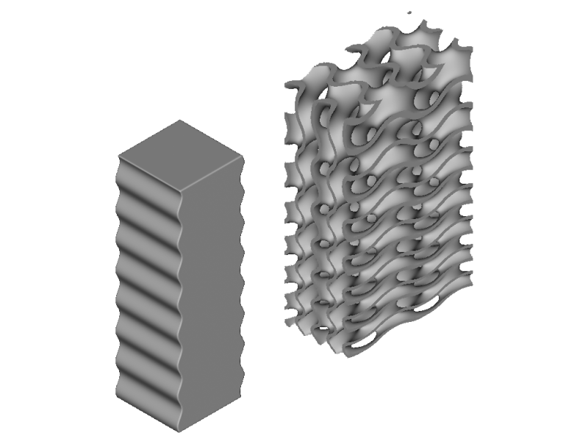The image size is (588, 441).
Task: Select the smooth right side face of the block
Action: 212,294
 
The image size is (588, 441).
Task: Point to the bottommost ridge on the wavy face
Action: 147,390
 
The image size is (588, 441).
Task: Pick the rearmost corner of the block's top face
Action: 179,121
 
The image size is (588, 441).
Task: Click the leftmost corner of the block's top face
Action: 119,156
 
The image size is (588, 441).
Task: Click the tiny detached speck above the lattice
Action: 409,13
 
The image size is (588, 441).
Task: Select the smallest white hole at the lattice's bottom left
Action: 321,329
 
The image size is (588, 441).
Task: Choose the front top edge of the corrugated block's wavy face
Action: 151,175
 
